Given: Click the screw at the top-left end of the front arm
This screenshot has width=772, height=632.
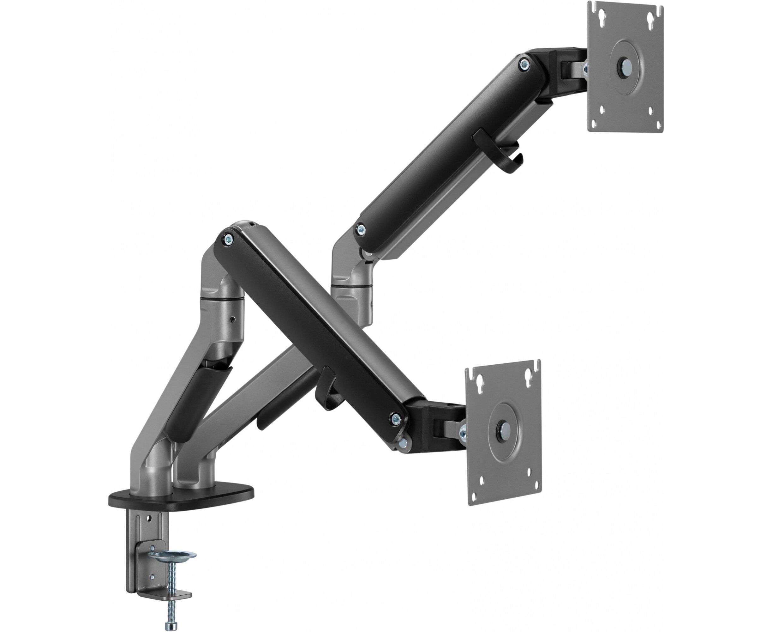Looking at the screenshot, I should (x=228, y=239).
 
